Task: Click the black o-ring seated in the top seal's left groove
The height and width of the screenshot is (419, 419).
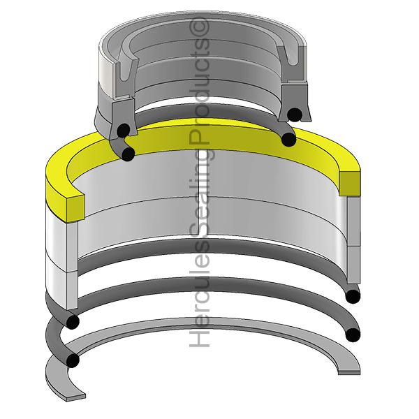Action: [x=124, y=130]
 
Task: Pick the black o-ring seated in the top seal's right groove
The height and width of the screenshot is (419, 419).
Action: [x=295, y=115]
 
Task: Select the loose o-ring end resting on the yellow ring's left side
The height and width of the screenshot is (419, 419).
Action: [x=128, y=153]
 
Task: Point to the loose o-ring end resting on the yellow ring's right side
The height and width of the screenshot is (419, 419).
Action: [x=287, y=140]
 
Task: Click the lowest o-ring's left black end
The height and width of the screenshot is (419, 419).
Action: [x=71, y=360]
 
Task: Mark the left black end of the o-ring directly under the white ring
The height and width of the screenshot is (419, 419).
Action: [x=72, y=321]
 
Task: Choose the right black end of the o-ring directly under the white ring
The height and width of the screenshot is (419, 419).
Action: [x=354, y=296]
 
